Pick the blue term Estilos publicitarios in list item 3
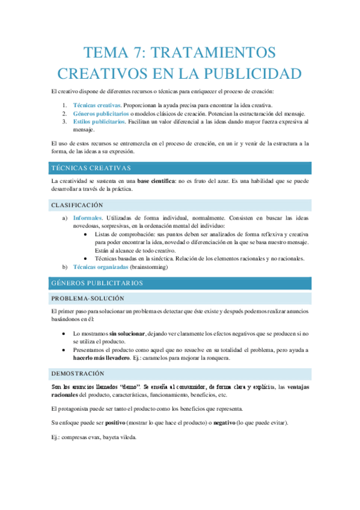click(99, 121)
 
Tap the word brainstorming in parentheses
click(149, 266)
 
